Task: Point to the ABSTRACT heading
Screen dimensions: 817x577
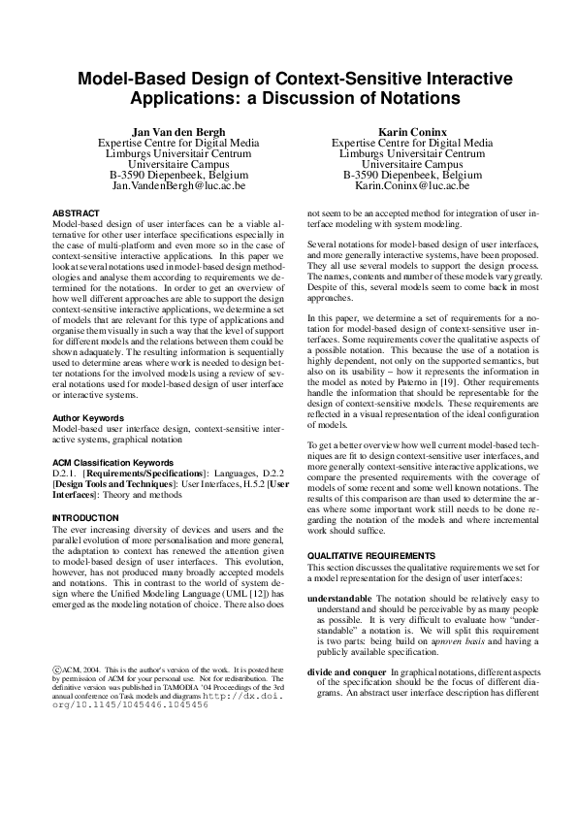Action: coord(75,212)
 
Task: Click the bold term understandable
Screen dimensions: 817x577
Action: coord(338,599)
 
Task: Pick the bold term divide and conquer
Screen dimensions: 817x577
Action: coord(346,672)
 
